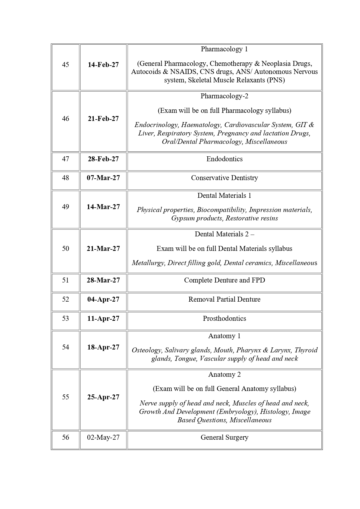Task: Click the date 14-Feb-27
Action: coord(103,65)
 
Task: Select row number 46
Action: coord(66,119)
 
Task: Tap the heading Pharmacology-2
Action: coord(224,96)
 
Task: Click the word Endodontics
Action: coord(224,159)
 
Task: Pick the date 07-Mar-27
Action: coord(103,178)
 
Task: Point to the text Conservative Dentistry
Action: coord(224,178)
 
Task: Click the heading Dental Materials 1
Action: coord(224,195)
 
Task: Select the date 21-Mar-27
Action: coord(103,249)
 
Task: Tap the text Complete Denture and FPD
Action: coord(224,280)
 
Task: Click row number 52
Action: coord(66,299)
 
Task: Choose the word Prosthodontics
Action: coord(224,318)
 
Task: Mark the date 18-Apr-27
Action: coord(103,347)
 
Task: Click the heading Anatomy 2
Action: coord(224,374)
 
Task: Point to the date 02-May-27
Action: coord(103,437)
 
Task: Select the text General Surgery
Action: coord(224,437)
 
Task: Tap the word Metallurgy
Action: coord(148,263)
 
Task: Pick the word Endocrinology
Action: coord(156,125)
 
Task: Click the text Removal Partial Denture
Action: coord(224,299)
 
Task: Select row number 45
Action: coord(66,65)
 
